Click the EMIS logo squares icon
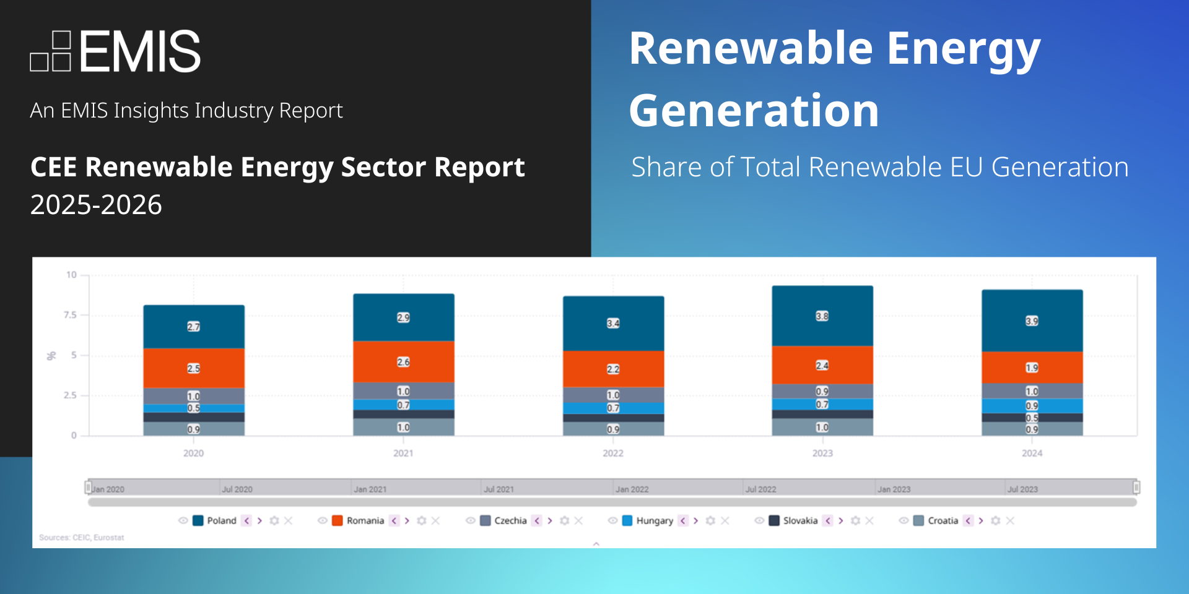[50, 51]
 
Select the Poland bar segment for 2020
[194, 327]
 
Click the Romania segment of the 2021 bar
[403, 362]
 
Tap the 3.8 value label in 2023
[822, 316]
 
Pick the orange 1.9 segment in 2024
[1032, 368]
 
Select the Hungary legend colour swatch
[627, 521]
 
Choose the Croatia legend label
[943, 521]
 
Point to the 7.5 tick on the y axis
[70, 315]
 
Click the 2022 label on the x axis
[613, 454]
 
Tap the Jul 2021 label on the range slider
[499, 489]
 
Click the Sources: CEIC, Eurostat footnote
[82, 538]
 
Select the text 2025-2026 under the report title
[96, 205]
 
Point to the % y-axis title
[51, 356]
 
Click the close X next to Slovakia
[870, 521]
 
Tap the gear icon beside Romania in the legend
[421, 521]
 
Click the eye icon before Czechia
[471, 521]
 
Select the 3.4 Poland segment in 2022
[613, 324]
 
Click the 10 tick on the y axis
[72, 275]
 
